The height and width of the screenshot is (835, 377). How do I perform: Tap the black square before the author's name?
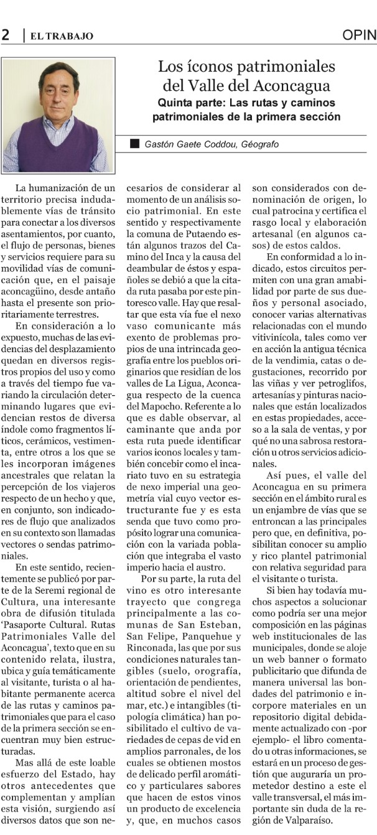[x=134, y=144]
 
